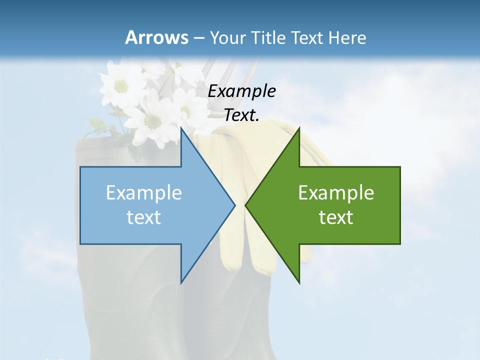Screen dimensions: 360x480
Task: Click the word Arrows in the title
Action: pyautogui.click(x=156, y=37)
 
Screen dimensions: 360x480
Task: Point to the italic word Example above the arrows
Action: pyautogui.click(x=241, y=91)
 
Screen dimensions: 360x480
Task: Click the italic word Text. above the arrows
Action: pyautogui.click(x=241, y=115)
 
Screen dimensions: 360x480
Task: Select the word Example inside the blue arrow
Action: pyautogui.click(x=143, y=192)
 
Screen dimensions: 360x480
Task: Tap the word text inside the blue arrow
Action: pyautogui.click(x=143, y=217)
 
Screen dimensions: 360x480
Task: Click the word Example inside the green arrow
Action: pyautogui.click(x=336, y=192)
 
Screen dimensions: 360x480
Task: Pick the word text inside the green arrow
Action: pyautogui.click(x=336, y=217)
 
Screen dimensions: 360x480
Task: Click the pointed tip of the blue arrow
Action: pyautogui.click(x=235, y=205)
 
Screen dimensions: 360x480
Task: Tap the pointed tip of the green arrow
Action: pyautogui.click(x=245, y=205)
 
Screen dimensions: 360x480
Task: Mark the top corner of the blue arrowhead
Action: pyautogui.click(x=181, y=127)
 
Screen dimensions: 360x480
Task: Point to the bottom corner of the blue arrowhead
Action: pyautogui.click(x=181, y=283)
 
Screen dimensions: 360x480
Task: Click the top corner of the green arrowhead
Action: pyautogui.click(x=299, y=127)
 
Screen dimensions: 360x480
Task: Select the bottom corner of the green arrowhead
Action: pyautogui.click(x=299, y=283)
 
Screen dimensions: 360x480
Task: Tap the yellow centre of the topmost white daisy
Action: pyautogui.click(x=121, y=86)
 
